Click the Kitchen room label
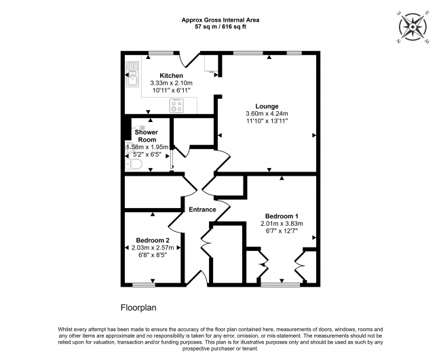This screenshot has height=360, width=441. pyautogui.click(x=171, y=76)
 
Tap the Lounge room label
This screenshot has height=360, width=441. pyautogui.click(x=267, y=106)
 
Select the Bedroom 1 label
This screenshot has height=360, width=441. pyautogui.click(x=282, y=216)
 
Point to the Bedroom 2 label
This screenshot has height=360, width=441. pyautogui.click(x=153, y=240)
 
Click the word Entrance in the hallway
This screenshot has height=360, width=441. pyautogui.click(x=202, y=209)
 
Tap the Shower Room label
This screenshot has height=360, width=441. pyautogui.click(x=147, y=136)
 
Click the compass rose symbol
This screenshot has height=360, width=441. pyautogui.click(x=413, y=27)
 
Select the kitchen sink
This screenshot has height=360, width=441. pyautogui.click(x=132, y=74)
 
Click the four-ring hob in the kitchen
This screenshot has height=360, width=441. pyautogui.click(x=176, y=106)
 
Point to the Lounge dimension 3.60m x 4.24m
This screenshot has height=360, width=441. pyautogui.click(x=267, y=113)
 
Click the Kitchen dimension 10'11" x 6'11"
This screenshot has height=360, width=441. pyautogui.click(x=171, y=90)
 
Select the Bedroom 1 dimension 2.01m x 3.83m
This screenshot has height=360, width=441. pyautogui.click(x=282, y=224)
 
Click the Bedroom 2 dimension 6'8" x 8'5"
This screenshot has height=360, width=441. pyautogui.click(x=153, y=255)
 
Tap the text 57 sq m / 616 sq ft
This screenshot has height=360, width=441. pyautogui.click(x=220, y=27)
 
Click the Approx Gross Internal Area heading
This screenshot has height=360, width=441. pyautogui.click(x=220, y=20)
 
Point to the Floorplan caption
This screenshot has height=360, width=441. pyautogui.click(x=138, y=308)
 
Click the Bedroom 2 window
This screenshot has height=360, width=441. pyautogui.click(x=144, y=285)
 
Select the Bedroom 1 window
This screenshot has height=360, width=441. pyautogui.click(x=280, y=285)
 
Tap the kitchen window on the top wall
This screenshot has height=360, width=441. pyautogui.click(x=161, y=53)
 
